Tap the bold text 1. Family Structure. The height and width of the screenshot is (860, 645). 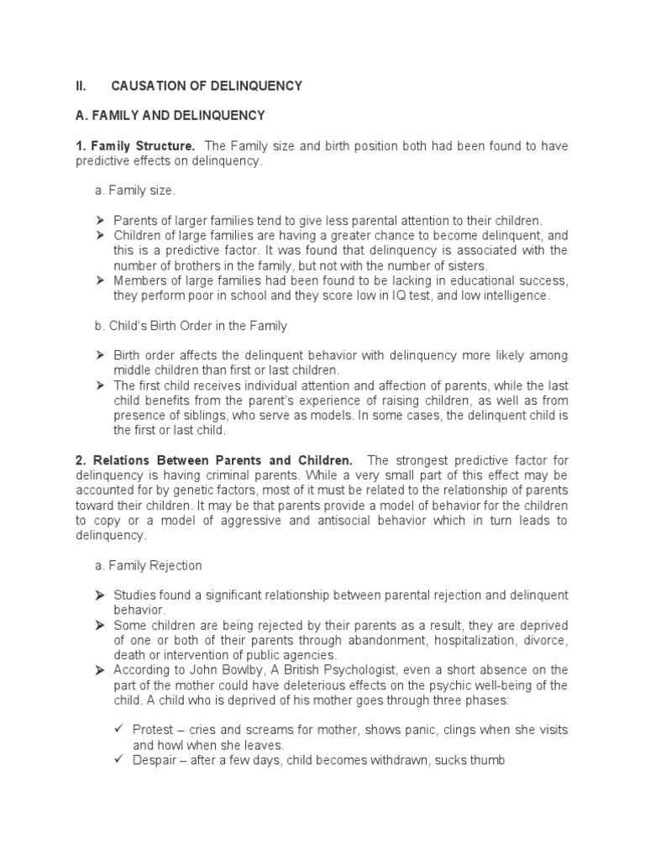click(134, 146)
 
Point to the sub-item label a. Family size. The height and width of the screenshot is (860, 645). click(134, 191)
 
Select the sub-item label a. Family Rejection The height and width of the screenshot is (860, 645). click(148, 565)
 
